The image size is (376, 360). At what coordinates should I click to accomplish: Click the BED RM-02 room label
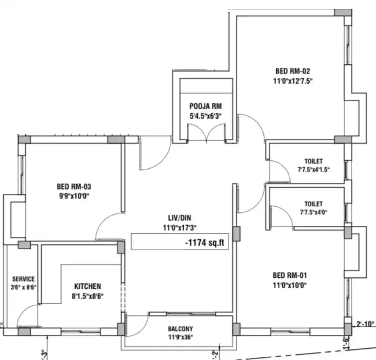[x=292, y=71]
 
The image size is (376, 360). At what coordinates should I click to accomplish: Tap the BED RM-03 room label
[x=74, y=186]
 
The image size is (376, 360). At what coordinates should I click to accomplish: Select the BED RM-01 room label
[x=290, y=275]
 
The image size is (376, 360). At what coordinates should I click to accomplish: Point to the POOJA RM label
[x=206, y=106]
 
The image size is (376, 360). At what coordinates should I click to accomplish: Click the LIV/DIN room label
[x=180, y=218]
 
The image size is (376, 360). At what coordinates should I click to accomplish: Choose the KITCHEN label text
[x=88, y=286]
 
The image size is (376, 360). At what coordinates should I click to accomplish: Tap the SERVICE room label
[x=23, y=279]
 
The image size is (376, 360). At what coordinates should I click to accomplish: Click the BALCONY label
[x=180, y=329]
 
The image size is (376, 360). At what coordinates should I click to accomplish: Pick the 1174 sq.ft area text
[x=205, y=243]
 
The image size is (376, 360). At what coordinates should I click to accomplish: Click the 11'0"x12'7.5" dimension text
[x=293, y=81]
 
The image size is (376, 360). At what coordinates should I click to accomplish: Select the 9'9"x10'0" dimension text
[x=74, y=196]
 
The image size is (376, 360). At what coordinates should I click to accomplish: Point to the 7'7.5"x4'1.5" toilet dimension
[x=313, y=170]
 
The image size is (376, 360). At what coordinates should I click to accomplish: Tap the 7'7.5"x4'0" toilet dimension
[x=313, y=212]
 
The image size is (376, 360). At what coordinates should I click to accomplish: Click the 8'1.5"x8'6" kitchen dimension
[x=88, y=296]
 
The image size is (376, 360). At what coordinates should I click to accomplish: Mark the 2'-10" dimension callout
[x=365, y=324]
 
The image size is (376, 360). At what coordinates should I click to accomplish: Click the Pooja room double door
[x=206, y=133]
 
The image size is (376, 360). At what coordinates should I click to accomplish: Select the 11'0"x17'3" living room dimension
[x=180, y=228]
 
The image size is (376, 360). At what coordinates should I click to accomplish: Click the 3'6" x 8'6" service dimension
[x=23, y=287]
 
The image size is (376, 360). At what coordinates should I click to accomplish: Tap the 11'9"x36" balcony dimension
[x=180, y=337]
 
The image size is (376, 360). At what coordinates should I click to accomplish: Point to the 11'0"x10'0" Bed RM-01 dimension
[x=290, y=285]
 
